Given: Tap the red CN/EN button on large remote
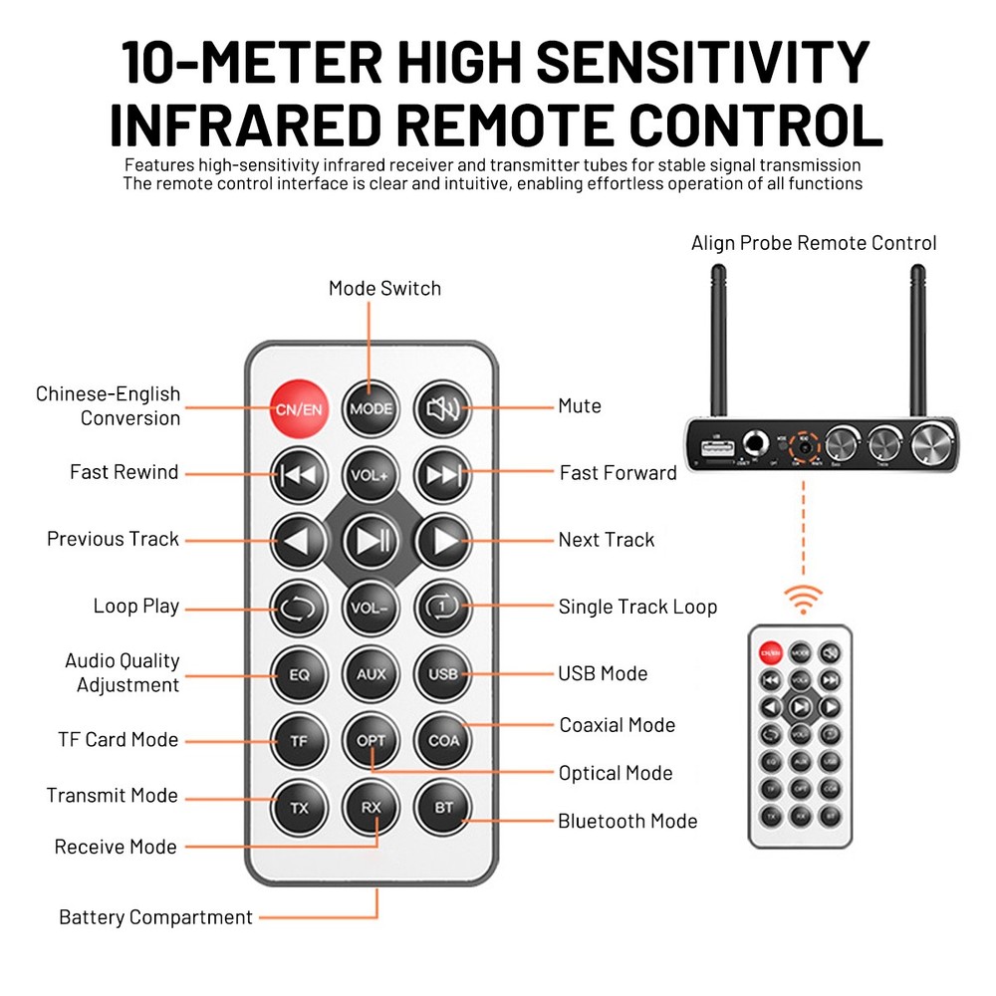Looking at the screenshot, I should pyautogui.click(x=299, y=407).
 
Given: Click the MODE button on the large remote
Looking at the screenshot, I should pyautogui.click(x=371, y=407).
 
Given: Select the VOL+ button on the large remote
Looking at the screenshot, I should pyautogui.click(x=371, y=474).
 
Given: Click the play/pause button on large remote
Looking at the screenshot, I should pyautogui.click(x=371, y=540).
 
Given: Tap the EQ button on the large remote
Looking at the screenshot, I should pyautogui.click(x=299, y=674).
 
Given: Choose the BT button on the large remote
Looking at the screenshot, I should pyautogui.click(x=442, y=807).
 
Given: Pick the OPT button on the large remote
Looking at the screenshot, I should pyautogui.click(x=371, y=740).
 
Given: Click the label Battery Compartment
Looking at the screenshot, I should pyautogui.click(x=155, y=917).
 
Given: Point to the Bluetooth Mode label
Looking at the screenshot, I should pyautogui.click(x=626, y=822).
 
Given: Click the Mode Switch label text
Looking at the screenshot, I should pyautogui.click(x=384, y=288).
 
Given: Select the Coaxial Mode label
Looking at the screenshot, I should pyautogui.click(x=617, y=725).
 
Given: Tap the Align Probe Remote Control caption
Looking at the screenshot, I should pyautogui.click(x=814, y=243).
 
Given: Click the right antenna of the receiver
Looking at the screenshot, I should pyautogui.click(x=917, y=339).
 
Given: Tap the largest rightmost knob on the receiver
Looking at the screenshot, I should pyautogui.click(x=933, y=440).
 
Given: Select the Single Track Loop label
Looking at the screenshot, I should pyautogui.click(x=637, y=607).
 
